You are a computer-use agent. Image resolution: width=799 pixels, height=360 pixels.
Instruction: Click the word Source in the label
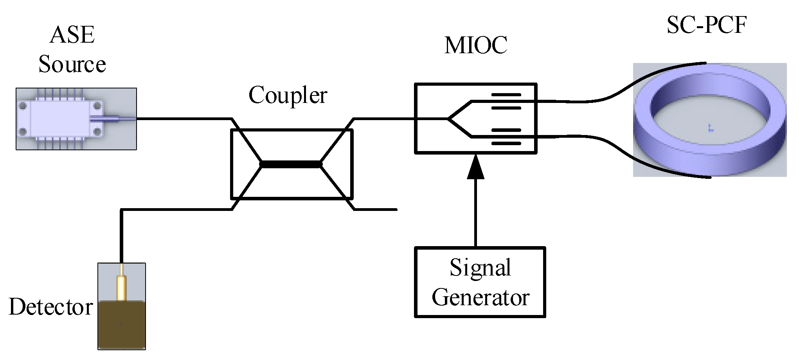(x=72, y=65)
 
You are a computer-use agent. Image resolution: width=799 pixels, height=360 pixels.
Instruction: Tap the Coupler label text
(x=288, y=95)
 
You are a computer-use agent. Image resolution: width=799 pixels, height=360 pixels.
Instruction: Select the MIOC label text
(x=476, y=45)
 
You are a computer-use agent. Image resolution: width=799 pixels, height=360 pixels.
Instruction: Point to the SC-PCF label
(x=707, y=26)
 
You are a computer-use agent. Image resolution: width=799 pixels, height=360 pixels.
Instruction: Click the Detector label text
(x=51, y=308)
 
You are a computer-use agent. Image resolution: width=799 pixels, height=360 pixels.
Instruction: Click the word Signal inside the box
(x=480, y=268)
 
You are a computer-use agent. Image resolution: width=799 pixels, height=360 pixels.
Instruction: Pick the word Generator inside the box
(x=480, y=298)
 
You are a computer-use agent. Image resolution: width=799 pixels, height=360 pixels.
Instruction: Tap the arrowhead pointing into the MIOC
(x=476, y=166)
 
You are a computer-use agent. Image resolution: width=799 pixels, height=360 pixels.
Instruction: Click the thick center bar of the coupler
(x=291, y=164)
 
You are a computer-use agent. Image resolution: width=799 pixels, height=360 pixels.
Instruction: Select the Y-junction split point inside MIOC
(x=449, y=119)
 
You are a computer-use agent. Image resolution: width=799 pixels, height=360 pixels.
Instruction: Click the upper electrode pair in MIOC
(x=506, y=101)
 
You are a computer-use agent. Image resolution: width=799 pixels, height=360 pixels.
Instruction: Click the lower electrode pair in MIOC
(x=506, y=137)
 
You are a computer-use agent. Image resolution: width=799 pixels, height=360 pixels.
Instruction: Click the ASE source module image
(x=59, y=119)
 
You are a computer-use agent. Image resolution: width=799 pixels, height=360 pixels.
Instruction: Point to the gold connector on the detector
(x=122, y=286)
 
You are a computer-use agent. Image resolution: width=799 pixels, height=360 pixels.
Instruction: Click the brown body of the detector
(x=122, y=325)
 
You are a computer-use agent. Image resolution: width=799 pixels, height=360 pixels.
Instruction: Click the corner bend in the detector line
(x=122, y=210)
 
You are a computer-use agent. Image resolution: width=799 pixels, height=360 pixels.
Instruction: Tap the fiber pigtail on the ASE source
(x=117, y=118)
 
